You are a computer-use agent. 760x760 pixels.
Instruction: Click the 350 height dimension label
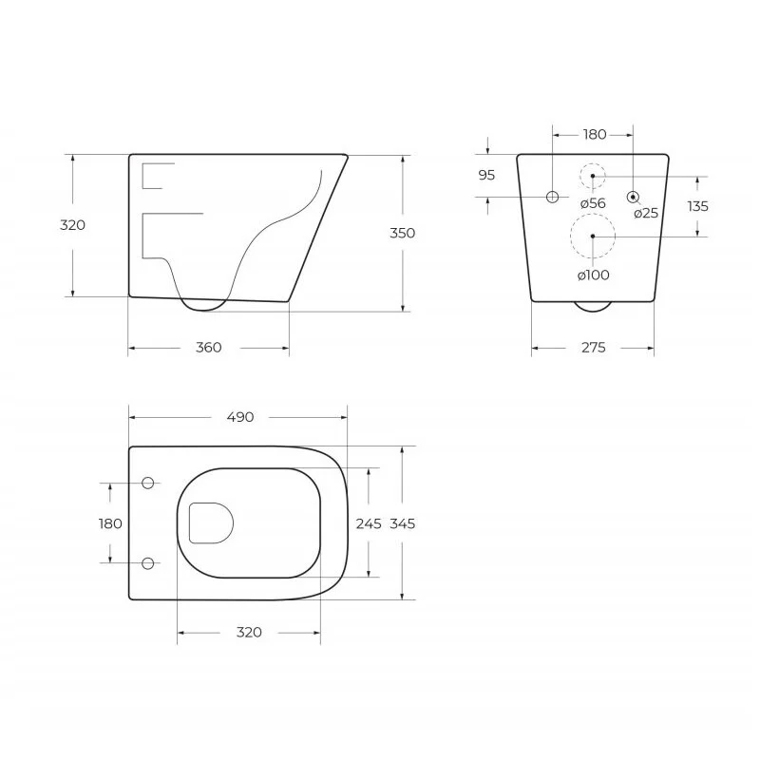402,233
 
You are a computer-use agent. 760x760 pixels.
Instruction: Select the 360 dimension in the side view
208,348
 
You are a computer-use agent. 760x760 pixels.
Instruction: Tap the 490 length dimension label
240,417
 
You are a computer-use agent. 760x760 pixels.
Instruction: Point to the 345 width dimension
402,524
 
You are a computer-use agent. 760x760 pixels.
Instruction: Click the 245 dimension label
369,524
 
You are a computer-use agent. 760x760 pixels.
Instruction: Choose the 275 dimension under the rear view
594,348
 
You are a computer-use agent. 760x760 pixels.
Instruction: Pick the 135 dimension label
697,206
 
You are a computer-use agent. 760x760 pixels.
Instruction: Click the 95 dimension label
486,175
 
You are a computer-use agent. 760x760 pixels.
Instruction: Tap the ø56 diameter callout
593,203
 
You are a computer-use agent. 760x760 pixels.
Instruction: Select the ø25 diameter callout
646,213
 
